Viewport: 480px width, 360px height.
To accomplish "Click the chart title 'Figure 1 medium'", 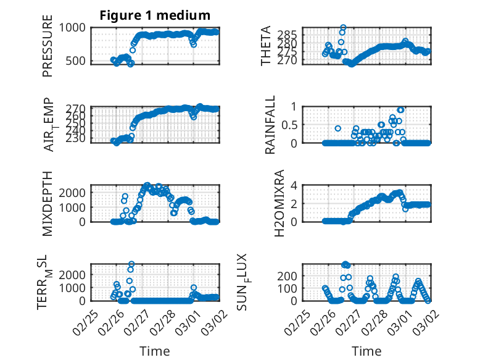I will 155,15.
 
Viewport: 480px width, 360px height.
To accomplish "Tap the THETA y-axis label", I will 266,46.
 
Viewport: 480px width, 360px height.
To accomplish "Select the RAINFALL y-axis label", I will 270,125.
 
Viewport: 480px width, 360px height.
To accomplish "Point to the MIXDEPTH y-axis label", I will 48,204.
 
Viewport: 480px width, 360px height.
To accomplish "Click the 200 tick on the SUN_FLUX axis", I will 291,275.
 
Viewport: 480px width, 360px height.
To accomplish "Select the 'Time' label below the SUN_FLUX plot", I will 366,351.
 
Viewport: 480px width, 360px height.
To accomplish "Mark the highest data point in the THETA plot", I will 343,28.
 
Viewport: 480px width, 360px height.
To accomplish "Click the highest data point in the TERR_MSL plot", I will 131,264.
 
